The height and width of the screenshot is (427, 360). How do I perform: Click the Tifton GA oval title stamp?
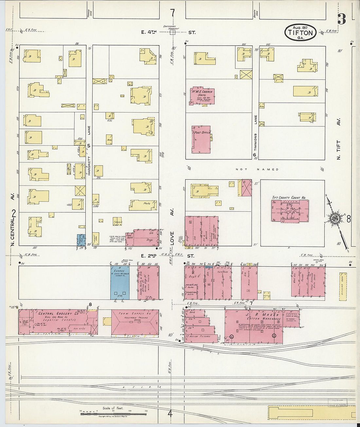click(300, 32)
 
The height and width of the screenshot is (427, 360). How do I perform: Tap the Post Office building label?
click(202, 133)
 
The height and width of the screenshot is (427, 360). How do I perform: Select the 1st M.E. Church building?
click(202, 96)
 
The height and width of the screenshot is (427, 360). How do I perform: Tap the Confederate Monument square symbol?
click(172, 32)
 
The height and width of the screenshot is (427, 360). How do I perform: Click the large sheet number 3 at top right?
click(341, 19)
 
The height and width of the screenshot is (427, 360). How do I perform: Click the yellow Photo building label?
click(147, 203)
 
